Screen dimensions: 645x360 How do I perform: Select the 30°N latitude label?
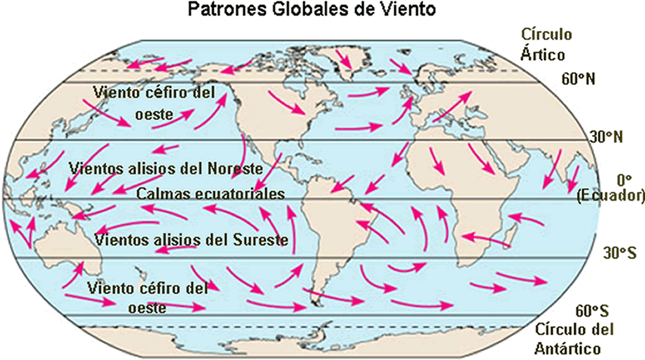point(604,137)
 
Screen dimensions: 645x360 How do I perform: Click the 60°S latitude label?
point(592,311)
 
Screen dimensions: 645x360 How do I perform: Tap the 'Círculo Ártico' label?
point(546,43)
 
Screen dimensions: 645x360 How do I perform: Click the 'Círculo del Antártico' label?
point(574,339)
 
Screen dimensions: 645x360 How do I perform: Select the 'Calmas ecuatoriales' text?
point(211,193)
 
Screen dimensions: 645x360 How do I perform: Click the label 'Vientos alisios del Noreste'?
point(165,169)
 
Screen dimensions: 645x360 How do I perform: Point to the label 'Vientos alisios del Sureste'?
point(191,240)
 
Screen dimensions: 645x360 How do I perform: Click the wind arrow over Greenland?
point(343,59)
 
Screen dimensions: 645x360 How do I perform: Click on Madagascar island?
point(510,232)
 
